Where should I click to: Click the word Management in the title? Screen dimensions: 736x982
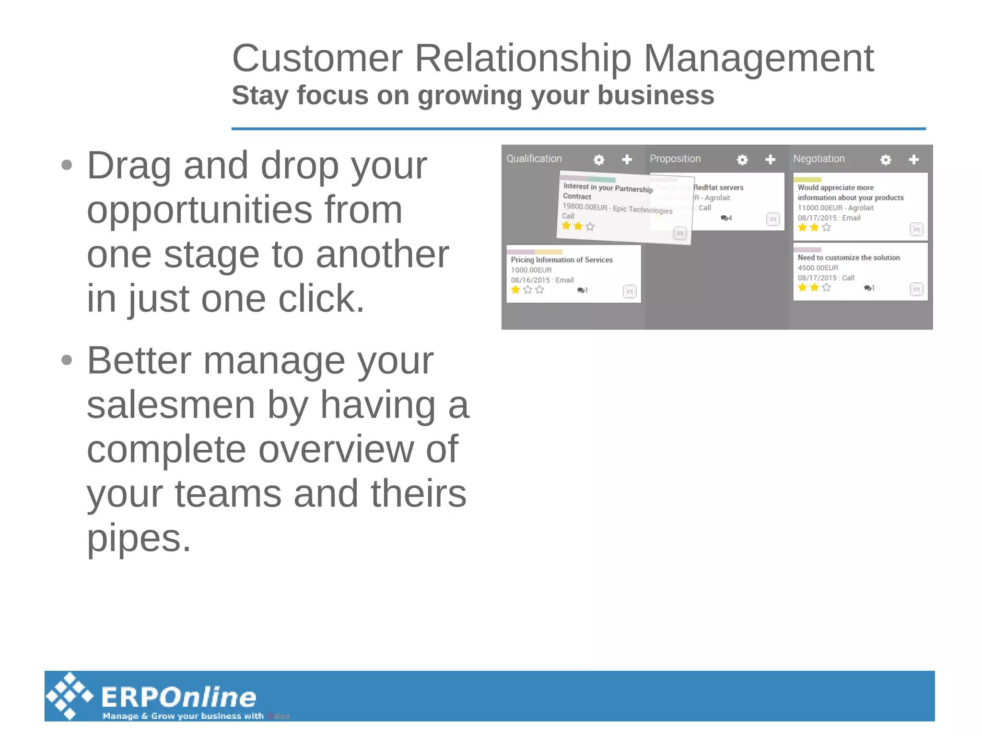pos(758,58)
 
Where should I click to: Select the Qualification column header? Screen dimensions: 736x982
pos(534,159)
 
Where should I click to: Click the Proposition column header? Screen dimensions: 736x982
pos(675,159)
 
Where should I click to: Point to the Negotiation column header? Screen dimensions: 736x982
pos(818,159)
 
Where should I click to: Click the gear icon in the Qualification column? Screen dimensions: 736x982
pos(598,160)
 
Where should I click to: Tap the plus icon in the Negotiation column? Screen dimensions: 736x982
pos(913,159)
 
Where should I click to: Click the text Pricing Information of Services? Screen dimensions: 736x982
pos(561,260)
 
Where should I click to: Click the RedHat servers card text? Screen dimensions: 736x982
pos(718,187)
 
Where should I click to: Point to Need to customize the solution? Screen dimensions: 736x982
pos(848,257)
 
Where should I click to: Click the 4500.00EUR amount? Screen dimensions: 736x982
pos(818,268)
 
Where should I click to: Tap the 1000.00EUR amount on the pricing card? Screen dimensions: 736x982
pos(531,270)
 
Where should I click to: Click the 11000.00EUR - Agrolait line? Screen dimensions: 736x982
pos(835,208)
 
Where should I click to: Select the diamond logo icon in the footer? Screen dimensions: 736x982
pos(70,696)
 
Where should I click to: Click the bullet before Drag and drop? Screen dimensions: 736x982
pos(67,165)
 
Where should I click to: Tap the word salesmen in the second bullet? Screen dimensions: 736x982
pos(170,405)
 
